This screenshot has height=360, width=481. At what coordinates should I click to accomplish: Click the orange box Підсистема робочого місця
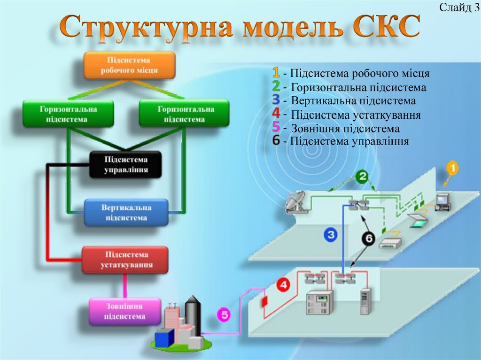pos(129,65)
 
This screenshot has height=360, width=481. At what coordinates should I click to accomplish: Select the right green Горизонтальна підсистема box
pos(184,114)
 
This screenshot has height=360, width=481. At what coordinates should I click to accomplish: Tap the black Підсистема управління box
pos(125,165)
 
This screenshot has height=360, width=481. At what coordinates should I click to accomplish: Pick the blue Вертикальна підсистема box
pos(125,212)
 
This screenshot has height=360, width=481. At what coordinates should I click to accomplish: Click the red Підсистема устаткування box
pos(125,260)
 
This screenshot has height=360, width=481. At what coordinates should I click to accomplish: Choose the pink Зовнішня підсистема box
pos(124,312)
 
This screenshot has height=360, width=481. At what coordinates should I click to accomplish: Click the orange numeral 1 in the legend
pos(276,73)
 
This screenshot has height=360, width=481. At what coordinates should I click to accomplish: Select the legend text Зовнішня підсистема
pos(345,129)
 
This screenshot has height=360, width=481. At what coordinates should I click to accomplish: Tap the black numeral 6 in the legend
pos(276,140)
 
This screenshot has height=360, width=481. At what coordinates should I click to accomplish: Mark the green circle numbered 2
pos(362,177)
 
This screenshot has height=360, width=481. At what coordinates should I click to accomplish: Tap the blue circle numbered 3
pos(331,235)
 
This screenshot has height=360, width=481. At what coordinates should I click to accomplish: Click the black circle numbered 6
pos(368,239)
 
